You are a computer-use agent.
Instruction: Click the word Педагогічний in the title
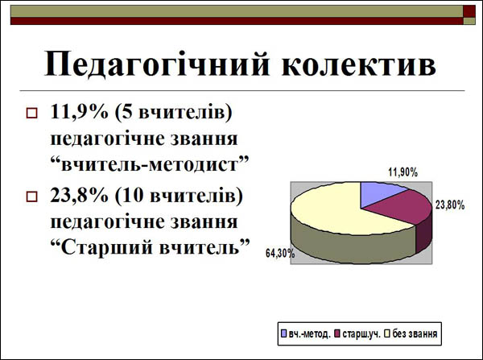(157, 64)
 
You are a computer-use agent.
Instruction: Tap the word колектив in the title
(359, 64)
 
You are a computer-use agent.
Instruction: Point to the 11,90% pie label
(403, 172)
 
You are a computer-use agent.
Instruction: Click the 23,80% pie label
(450, 205)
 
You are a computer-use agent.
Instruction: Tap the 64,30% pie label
(280, 254)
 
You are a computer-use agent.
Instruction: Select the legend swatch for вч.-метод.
(283, 333)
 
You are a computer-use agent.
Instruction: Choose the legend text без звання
(415, 333)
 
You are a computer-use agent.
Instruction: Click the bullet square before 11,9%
(31, 113)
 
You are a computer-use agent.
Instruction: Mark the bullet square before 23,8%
(31, 197)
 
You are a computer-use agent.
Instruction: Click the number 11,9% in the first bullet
(79, 111)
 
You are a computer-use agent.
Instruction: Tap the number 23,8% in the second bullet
(79, 195)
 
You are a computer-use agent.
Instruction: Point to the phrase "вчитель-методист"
(150, 164)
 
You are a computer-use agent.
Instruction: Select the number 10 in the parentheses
(134, 195)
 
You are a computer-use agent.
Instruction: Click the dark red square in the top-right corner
(469, 11)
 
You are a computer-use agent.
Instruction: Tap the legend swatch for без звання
(387, 333)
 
